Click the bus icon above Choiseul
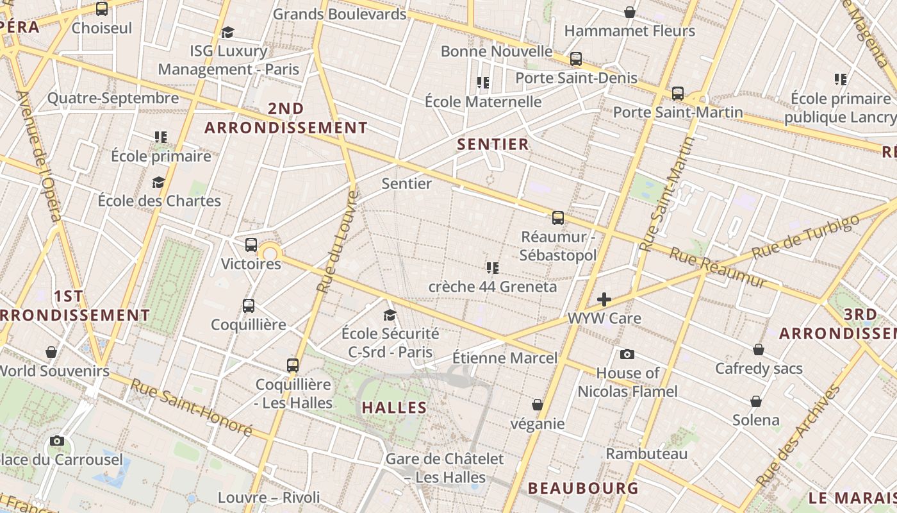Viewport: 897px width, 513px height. click(x=102, y=9)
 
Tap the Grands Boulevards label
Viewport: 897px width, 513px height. click(x=340, y=14)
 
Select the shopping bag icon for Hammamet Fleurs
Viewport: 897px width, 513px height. click(x=630, y=12)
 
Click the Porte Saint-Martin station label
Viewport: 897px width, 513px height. click(x=678, y=112)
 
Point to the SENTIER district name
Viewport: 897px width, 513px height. click(x=493, y=144)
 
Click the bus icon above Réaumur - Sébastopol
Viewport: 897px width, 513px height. click(x=558, y=218)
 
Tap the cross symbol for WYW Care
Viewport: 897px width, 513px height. click(x=604, y=299)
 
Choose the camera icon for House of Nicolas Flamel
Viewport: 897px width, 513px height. click(x=627, y=354)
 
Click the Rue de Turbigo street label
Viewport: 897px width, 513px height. click(x=805, y=237)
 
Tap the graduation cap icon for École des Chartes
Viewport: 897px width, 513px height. click(x=158, y=183)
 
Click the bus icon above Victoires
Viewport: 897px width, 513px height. click(x=251, y=245)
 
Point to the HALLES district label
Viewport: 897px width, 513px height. click(x=394, y=407)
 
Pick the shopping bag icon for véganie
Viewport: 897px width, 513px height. click(x=538, y=405)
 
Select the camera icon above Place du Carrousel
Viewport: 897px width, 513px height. click(x=57, y=441)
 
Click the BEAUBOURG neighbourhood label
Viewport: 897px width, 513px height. click(x=583, y=488)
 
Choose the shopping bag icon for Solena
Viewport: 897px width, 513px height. click(x=756, y=401)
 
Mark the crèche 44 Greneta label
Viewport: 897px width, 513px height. click(x=493, y=287)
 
